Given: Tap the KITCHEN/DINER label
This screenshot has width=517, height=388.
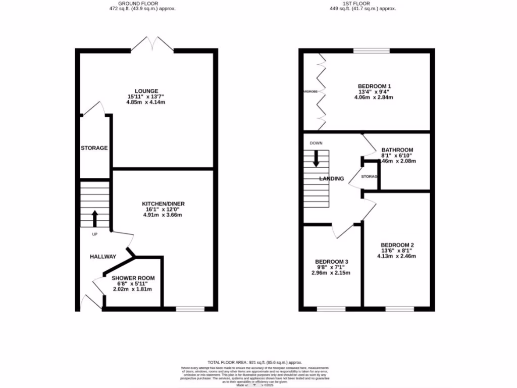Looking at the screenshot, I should pyautogui.click(x=163, y=204).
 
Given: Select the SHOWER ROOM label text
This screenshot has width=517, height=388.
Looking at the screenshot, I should pyautogui.click(x=133, y=278).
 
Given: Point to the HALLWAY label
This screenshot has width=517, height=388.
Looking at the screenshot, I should pyautogui.click(x=103, y=257).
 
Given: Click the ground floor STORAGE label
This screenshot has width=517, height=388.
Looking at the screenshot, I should pyautogui.click(x=94, y=148).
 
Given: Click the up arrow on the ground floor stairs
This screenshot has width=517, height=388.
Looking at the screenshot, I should pyautogui.click(x=94, y=218).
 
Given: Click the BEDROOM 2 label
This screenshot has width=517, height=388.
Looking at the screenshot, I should pyautogui.click(x=397, y=245).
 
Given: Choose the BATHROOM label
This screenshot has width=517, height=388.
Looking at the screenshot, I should pyautogui.click(x=397, y=150).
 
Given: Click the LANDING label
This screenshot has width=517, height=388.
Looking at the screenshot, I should pyautogui.click(x=332, y=178).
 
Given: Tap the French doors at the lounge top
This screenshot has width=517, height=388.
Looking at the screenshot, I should pyautogui.click(x=152, y=44).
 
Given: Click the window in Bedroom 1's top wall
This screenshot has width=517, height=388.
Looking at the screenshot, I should pyautogui.click(x=371, y=50).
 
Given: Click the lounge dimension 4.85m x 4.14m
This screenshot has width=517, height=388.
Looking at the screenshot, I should pyautogui.click(x=146, y=102).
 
